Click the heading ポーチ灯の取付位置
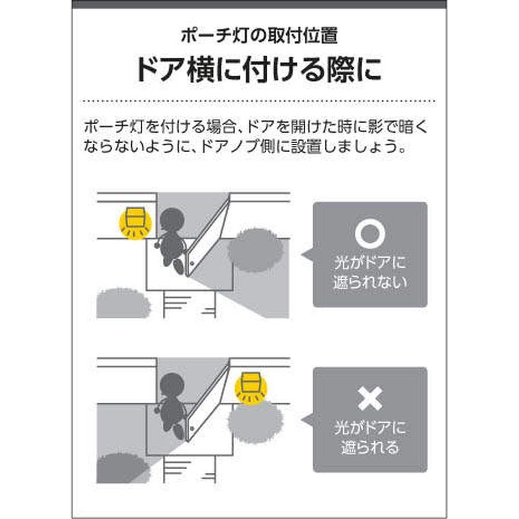259,36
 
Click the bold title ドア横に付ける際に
259,70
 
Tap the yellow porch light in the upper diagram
135,223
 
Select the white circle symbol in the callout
370,235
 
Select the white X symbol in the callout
370,399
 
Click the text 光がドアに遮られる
370,438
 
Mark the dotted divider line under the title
259,100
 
